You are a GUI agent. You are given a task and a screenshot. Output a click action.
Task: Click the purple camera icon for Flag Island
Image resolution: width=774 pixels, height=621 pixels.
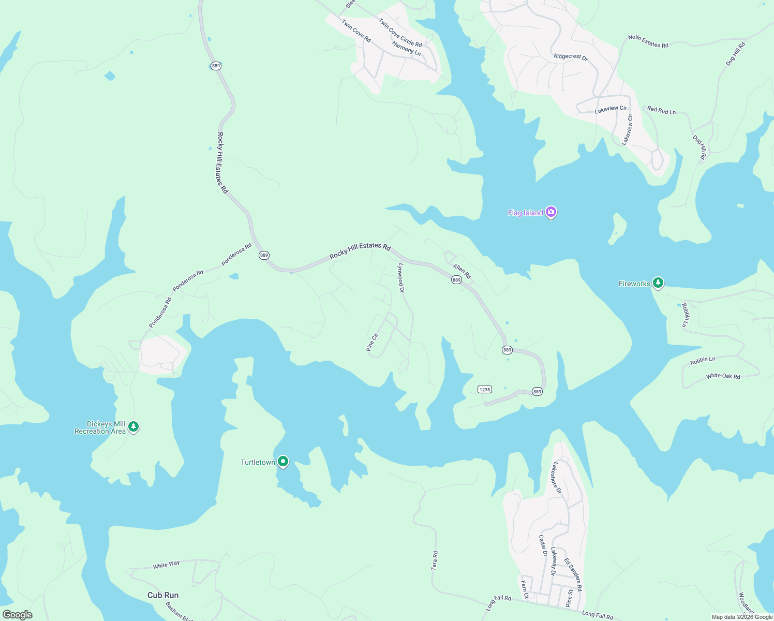point(551,212)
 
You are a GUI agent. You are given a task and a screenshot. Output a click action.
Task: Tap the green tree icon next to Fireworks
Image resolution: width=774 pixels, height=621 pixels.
point(658,283)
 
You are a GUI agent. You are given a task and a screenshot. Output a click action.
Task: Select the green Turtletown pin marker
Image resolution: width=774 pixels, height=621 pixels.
point(282,461)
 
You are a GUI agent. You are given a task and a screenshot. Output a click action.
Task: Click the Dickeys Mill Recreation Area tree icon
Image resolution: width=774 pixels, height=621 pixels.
point(133,427)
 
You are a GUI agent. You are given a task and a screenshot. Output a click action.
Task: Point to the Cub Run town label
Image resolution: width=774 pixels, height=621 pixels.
point(163,595)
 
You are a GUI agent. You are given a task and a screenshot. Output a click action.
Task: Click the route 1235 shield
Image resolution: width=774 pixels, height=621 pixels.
point(484,390)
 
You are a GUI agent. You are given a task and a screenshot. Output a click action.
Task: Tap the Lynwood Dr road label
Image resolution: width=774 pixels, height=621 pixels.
point(400,278)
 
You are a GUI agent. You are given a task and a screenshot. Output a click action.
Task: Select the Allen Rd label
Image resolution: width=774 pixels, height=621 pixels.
point(462,271)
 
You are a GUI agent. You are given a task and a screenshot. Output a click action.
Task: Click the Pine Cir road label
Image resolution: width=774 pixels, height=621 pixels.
point(372,343)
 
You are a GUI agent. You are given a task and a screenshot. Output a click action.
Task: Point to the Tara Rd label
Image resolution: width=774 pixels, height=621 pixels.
point(435,561)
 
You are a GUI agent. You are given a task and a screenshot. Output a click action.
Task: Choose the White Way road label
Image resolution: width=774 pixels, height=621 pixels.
point(166,565)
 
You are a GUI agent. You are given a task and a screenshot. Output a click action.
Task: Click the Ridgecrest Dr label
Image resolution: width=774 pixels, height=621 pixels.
point(571,57)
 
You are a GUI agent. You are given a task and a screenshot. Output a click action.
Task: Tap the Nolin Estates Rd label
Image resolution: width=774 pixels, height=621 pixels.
point(648,41)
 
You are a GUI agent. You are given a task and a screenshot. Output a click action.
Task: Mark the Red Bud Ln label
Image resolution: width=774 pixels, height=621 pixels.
point(661,110)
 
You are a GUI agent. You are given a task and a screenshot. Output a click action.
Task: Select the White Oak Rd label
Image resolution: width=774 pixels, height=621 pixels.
point(723,376)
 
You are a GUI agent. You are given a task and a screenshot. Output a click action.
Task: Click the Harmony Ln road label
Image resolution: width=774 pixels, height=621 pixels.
point(406,49)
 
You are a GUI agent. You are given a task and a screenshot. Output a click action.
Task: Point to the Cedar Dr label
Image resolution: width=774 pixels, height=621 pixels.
point(543,545)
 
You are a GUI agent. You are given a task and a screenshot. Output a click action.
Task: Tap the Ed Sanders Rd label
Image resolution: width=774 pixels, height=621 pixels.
point(573,575)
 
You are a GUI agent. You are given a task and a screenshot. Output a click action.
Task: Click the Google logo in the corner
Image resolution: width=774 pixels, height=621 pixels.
point(17,614)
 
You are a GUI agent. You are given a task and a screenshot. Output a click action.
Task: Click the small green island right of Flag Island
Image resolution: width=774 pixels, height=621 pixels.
point(618,228)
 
